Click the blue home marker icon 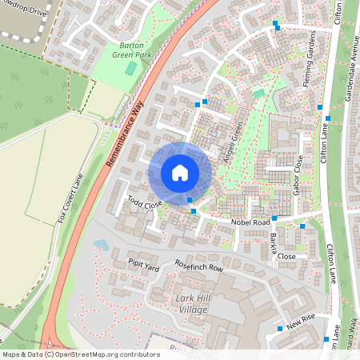pos(180,172)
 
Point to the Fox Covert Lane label pos(70,201)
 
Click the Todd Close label pos(145,203)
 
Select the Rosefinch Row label pos(192,268)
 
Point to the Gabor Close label pos(298,175)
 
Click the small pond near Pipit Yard pos(101,245)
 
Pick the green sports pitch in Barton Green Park pos(130,69)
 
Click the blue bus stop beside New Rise pos(279,328)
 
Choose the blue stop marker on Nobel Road pos(274,217)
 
